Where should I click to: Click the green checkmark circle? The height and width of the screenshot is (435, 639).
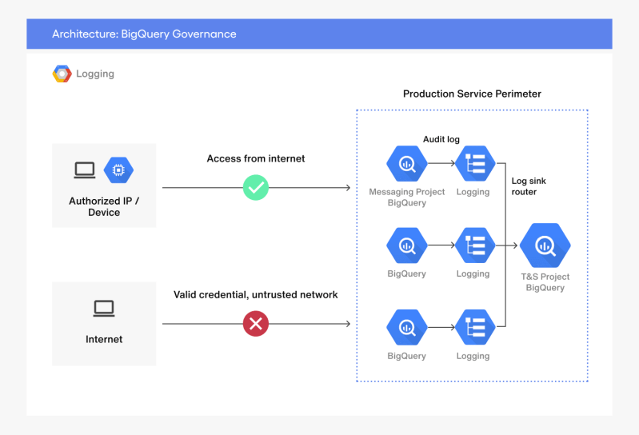[256, 188]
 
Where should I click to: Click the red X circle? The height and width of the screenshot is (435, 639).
[256, 324]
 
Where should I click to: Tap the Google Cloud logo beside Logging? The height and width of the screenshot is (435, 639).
[62, 74]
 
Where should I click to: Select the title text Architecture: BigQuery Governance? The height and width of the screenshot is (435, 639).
[144, 34]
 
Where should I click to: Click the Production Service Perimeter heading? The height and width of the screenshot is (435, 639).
[472, 94]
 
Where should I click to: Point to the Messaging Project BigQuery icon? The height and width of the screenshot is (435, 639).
[407, 164]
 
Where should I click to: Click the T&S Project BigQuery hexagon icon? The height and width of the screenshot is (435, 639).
[545, 245]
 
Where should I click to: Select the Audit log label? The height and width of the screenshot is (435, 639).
[441, 139]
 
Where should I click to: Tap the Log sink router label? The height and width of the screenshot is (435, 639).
[529, 186]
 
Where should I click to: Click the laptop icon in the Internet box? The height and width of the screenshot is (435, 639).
[104, 308]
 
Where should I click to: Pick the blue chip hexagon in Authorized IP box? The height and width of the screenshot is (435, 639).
[119, 170]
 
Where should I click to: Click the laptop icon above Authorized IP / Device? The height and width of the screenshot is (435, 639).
[85, 170]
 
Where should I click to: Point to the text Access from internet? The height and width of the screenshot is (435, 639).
[256, 158]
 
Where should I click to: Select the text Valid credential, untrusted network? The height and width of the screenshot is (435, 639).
[256, 295]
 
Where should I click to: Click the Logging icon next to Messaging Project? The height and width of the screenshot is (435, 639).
[473, 164]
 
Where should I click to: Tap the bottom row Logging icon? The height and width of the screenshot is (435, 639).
[473, 327]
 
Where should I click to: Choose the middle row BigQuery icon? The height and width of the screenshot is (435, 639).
[407, 245]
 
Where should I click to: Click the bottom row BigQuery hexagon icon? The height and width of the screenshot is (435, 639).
[407, 327]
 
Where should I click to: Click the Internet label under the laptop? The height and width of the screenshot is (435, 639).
[104, 339]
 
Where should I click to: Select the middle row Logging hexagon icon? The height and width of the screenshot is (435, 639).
[473, 245]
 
